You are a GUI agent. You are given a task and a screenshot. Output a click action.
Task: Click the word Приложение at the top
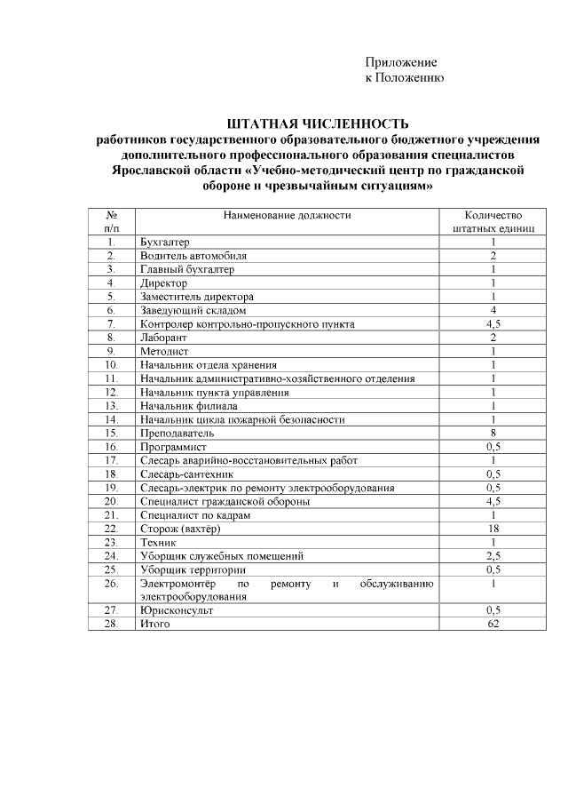coord(401,62)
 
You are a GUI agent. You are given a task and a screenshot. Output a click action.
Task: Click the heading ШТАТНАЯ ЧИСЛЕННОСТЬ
coord(318,123)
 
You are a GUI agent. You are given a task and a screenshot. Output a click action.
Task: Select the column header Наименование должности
coord(288,215)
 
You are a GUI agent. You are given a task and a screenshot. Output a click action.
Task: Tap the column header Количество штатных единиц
coord(493,221)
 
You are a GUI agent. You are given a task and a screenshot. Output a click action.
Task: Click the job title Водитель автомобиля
coord(193,255)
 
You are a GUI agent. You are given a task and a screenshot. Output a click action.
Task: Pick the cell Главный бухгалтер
coord(187,268)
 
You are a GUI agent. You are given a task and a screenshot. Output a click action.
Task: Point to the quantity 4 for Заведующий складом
coord(493,310)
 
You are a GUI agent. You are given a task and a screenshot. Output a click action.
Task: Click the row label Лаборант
coord(162,338)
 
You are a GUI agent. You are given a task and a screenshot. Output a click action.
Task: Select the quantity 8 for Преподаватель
coord(493,433)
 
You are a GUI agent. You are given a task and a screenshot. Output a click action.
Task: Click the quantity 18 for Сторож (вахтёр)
coord(493,529)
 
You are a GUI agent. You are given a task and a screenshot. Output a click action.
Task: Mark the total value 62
coord(493,624)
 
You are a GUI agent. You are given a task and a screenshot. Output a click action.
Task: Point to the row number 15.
coord(112,433)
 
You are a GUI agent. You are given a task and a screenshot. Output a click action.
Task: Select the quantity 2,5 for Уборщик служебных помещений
coord(493,556)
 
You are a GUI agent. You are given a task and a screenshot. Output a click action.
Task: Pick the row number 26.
coord(112,583)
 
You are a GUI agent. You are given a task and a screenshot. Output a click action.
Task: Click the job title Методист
coord(162,351)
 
